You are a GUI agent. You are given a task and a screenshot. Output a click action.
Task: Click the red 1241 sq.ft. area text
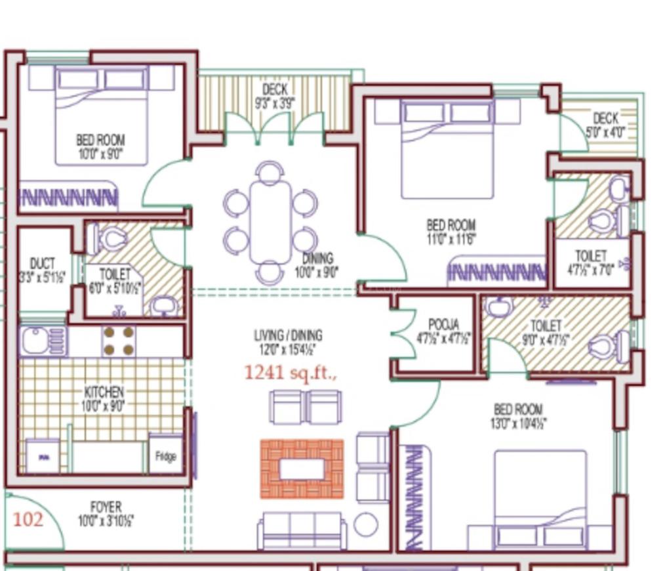coord(291,373)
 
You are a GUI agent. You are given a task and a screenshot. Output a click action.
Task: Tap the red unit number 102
coord(28,520)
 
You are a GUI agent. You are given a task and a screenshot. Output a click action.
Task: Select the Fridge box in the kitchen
coord(165,455)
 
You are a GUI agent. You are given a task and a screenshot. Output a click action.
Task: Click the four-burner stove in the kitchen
coord(119,341)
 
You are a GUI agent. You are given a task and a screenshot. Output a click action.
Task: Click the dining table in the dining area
coord(270,222)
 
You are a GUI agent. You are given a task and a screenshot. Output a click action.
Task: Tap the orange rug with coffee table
coord(302,469)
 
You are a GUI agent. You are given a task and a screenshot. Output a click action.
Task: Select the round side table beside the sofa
coord(365,524)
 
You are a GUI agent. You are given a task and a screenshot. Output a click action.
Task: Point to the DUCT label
coord(42,264)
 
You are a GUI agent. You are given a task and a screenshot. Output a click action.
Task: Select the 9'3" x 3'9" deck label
coord(275,96)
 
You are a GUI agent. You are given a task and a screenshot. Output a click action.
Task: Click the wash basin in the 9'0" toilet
coord(500,307)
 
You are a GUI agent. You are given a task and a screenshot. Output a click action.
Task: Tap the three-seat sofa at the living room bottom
coord(302,530)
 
